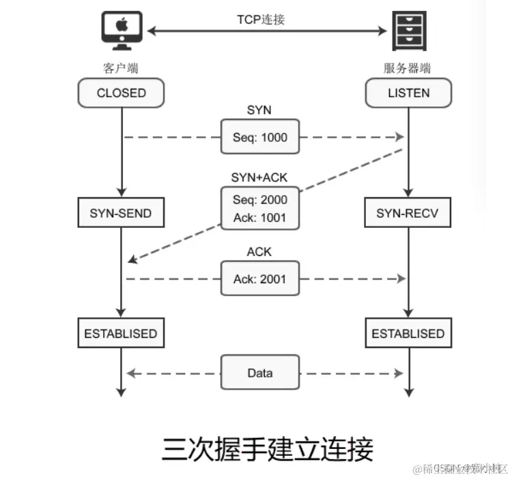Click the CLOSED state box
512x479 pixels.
122,92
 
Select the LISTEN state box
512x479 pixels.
408,92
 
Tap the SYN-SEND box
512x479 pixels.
121,214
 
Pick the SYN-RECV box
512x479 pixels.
408,214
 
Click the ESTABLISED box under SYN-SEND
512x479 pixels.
121,334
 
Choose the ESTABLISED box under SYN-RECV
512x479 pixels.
408,334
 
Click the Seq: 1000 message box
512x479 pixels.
260,137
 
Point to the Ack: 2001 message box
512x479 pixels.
260,278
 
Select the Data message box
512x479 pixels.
260,373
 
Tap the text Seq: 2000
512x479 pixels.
260,200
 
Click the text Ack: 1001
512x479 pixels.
260,218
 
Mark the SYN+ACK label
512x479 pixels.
260,177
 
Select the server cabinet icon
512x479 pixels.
409,32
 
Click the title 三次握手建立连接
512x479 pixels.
268,449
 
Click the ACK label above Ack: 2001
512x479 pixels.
259,252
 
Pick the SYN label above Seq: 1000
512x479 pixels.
259,111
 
